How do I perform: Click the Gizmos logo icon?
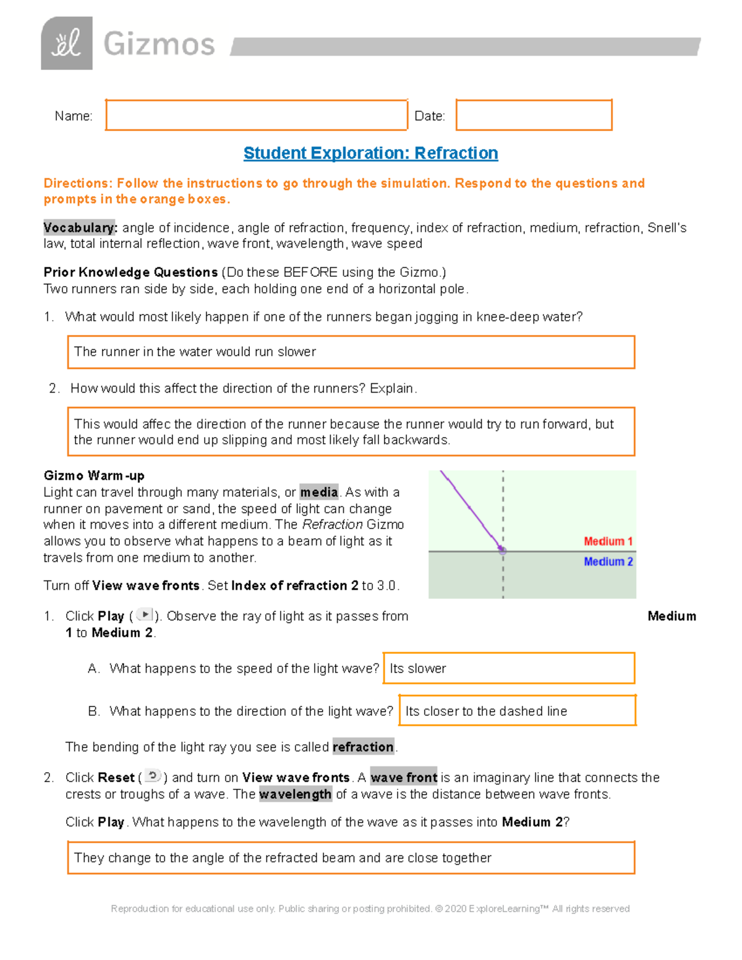(67, 43)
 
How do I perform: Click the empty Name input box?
(256, 115)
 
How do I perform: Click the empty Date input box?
(534, 115)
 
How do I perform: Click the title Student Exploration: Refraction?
(370, 153)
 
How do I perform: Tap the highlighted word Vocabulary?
(79, 227)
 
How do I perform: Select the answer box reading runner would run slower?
(351, 352)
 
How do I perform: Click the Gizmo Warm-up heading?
(94, 475)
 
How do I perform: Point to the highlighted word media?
(319, 492)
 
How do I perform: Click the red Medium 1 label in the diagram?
(608, 542)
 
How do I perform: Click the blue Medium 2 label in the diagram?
(608, 561)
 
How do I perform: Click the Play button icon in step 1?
(144, 614)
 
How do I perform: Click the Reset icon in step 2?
(153, 776)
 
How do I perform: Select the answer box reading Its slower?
(509, 668)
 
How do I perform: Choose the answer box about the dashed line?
(517, 711)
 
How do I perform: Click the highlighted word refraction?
(363, 747)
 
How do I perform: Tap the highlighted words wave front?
(404, 777)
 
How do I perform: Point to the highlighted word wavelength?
(295, 794)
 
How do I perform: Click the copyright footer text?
(370, 908)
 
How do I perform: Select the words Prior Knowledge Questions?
(130, 272)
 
